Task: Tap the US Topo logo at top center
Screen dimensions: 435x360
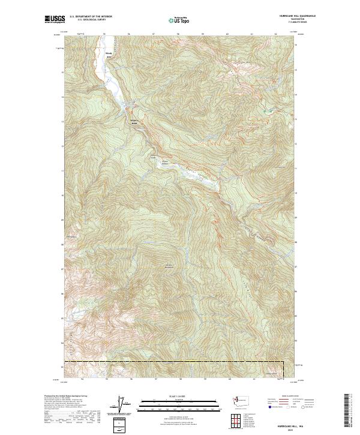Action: pyautogui.click(x=180, y=19)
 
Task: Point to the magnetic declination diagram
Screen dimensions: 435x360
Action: pyautogui.click(x=124, y=406)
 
